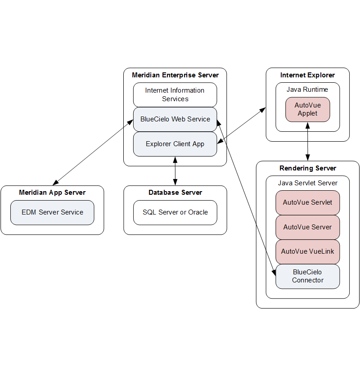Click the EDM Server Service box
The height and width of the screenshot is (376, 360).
click(x=52, y=212)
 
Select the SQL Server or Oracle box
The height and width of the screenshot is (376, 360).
click(x=175, y=212)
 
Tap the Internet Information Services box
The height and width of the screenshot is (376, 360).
click(x=175, y=94)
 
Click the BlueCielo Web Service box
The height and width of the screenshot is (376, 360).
click(x=175, y=119)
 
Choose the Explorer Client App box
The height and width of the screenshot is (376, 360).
click(x=175, y=144)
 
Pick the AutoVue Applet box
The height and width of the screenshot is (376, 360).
click(x=307, y=109)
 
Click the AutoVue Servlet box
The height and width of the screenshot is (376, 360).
click(x=307, y=202)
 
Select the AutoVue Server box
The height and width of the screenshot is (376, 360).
click(x=307, y=227)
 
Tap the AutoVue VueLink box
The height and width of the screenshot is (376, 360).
click(x=307, y=251)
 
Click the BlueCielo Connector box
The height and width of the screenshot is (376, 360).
click(x=307, y=276)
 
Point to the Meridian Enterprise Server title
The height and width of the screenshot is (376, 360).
click(x=175, y=75)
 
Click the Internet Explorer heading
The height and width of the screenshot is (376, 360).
click(x=307, y=75)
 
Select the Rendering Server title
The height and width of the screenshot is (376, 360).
click(x=307, y=168)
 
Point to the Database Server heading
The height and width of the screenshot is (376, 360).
click(x=175, y=192)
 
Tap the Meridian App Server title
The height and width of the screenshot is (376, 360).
click(x=52, y=192)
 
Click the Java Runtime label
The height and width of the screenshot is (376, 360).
click(x=307, y=90)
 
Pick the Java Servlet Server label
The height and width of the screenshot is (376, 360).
click(x=307, y=183)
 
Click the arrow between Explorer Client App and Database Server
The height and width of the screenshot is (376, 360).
click(x=175, y=171)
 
